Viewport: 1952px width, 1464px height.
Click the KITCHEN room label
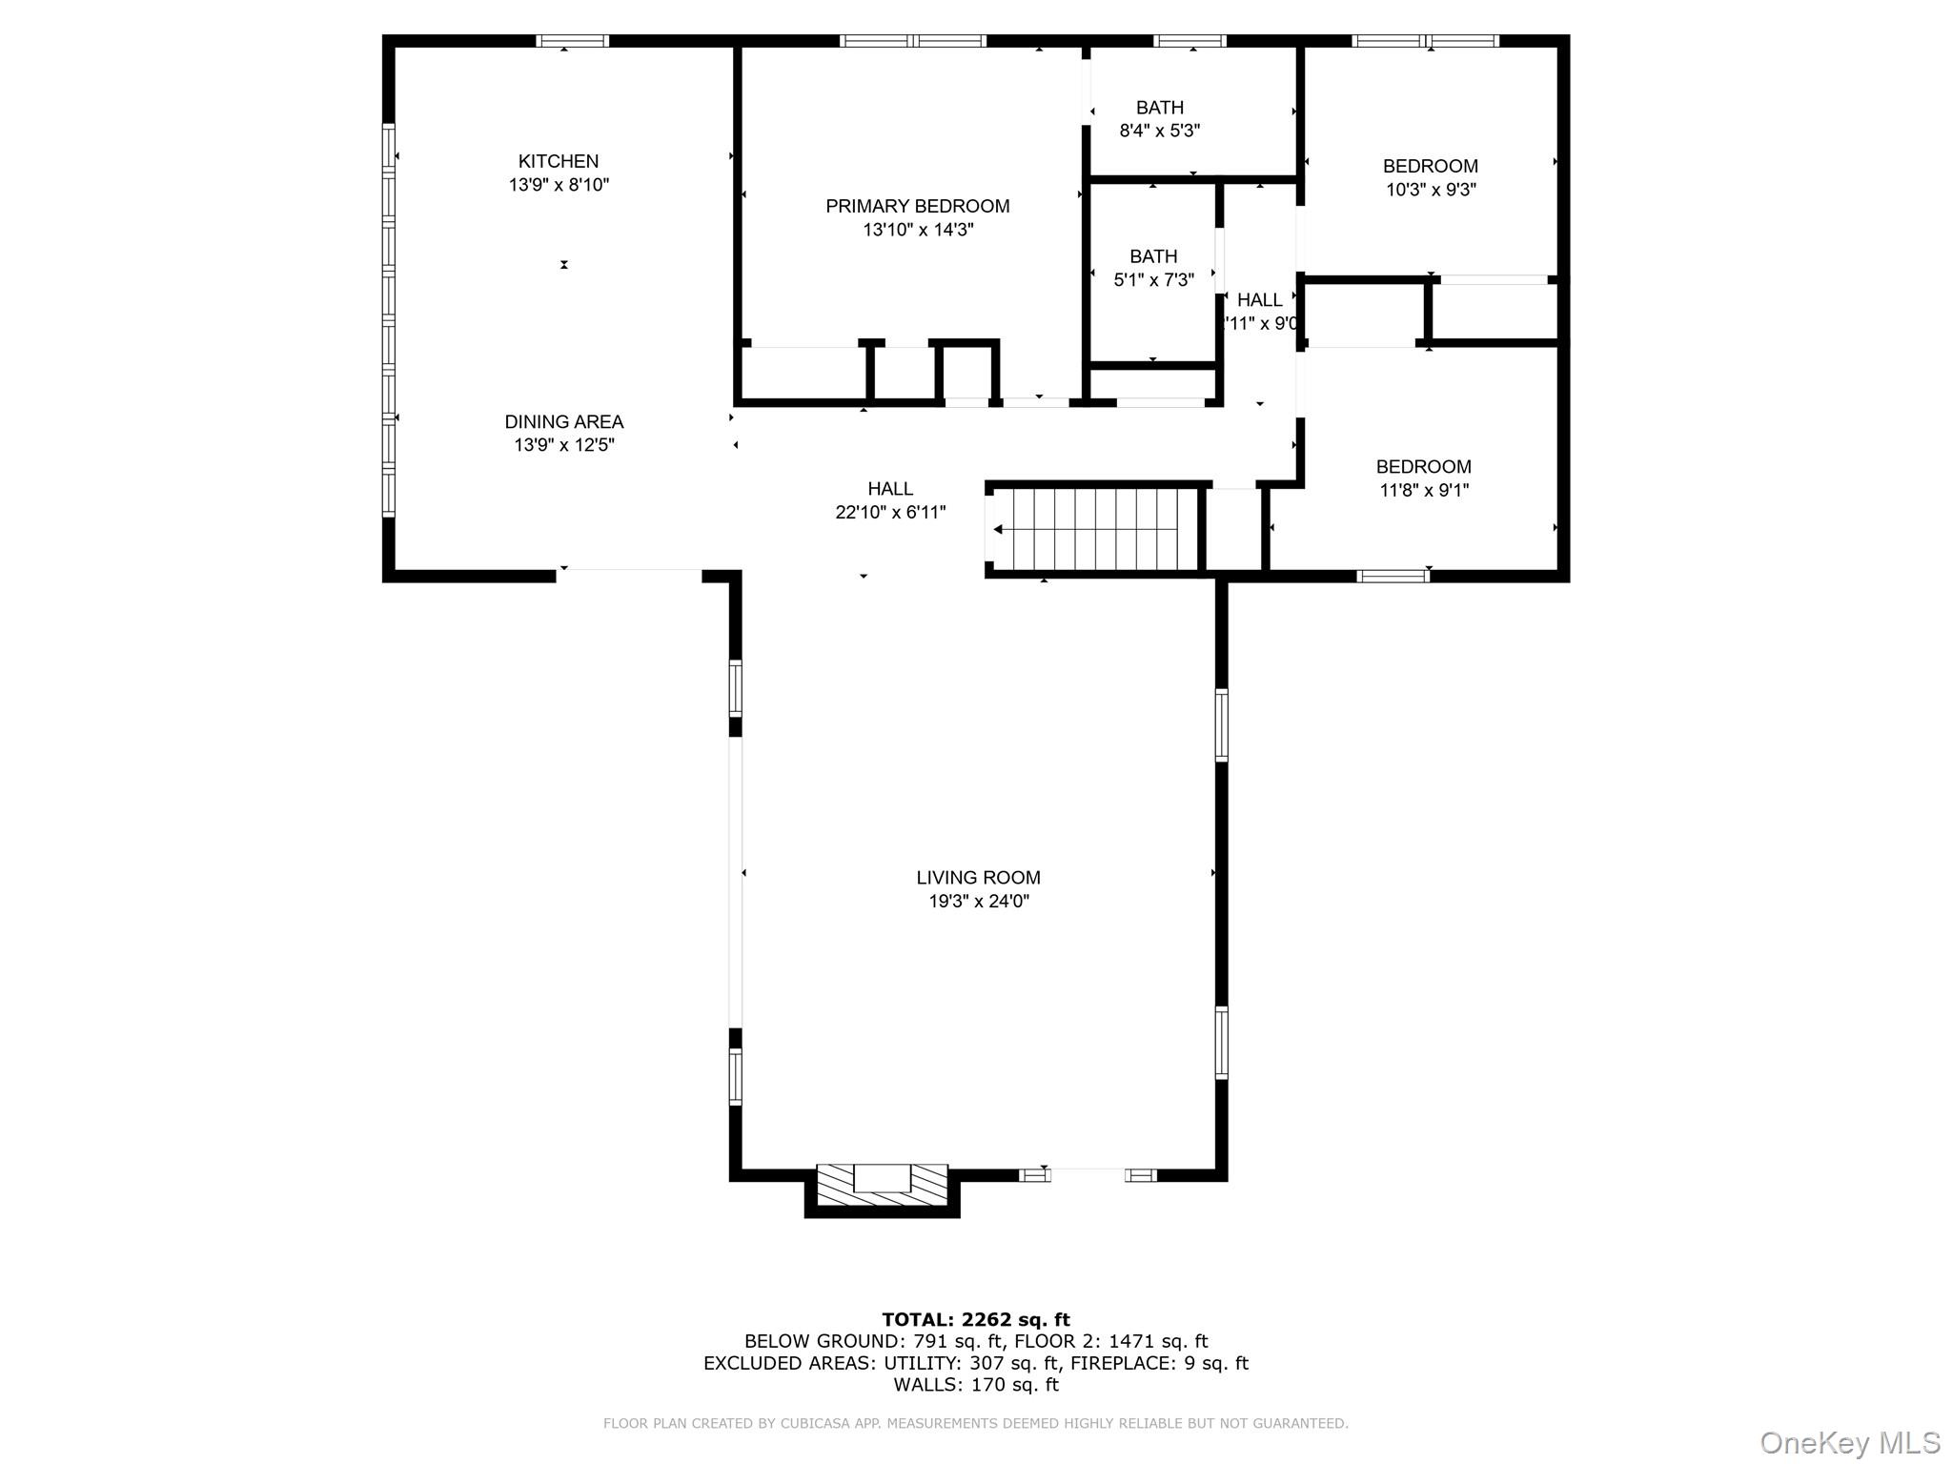click(x=558, y=161)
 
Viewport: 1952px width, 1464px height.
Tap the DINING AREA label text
click(x=563, y=421)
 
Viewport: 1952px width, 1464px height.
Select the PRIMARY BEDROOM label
click(x=917, y=206)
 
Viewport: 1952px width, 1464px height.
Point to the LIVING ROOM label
click(x=978, y=877)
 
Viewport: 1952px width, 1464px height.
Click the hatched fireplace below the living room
click(x=882, y=1187)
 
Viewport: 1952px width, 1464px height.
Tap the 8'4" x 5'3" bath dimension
click(x=1159, y=131)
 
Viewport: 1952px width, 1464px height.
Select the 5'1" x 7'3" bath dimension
click(x=1153, y=280)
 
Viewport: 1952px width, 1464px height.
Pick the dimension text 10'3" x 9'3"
click(x=1430, y=190)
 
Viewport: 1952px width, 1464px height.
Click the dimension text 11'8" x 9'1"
click(x=1424, y=490)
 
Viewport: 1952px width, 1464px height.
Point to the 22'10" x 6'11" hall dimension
click(x=890, y=513)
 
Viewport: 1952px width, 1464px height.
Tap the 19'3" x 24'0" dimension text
click(x=978, y=901)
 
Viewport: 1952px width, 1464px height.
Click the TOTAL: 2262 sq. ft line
click(x=975, y=1319)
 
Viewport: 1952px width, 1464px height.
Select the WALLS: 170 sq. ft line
click(x=975, y=1385)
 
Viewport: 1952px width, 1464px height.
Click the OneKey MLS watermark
click(x=1849, y=1442)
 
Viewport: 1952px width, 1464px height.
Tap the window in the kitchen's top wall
click(x=572, y=41)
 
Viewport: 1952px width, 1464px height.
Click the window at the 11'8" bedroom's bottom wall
click(x=1393, y=576)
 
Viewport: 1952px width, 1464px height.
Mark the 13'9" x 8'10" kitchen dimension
click(x=558, y=185)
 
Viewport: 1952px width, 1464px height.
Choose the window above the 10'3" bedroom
click(x=1425, y=41)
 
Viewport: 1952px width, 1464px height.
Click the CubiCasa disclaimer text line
click(x=975, y=1423)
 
